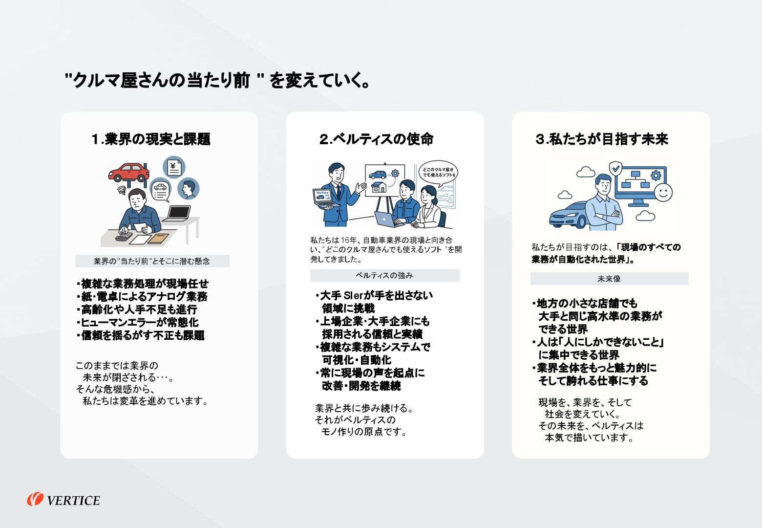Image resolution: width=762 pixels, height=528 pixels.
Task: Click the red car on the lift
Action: (x=129, y=172)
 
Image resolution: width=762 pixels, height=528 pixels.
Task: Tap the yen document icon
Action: (x=174, y=167)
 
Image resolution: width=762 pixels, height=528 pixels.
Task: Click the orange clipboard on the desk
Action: (x=158, y=239)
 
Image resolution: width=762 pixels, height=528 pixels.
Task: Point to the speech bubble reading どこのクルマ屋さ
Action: (x=438, y=172)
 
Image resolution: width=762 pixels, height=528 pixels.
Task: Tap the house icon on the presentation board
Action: (x=379, y=187)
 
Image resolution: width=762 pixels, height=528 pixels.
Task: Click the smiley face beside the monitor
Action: (x=663, y=192)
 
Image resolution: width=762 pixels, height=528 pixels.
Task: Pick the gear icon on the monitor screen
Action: (x=656, y=175)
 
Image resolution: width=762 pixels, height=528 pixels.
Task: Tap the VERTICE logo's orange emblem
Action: (x=35, y=499)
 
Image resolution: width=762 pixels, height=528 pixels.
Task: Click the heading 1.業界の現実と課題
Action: (x=151, y=139)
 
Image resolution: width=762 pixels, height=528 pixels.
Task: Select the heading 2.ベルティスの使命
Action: (x=377, y=139)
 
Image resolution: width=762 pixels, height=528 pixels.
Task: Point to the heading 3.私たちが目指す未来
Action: (x=602, y=139)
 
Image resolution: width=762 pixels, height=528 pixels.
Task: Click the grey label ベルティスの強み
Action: (x=384, y=276)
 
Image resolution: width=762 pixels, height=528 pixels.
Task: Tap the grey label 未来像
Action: (x=609, y=279)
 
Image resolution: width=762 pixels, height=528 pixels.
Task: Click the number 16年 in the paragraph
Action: (x=349, y=240)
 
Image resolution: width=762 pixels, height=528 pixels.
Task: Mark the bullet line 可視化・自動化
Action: (x=357, y=360)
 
